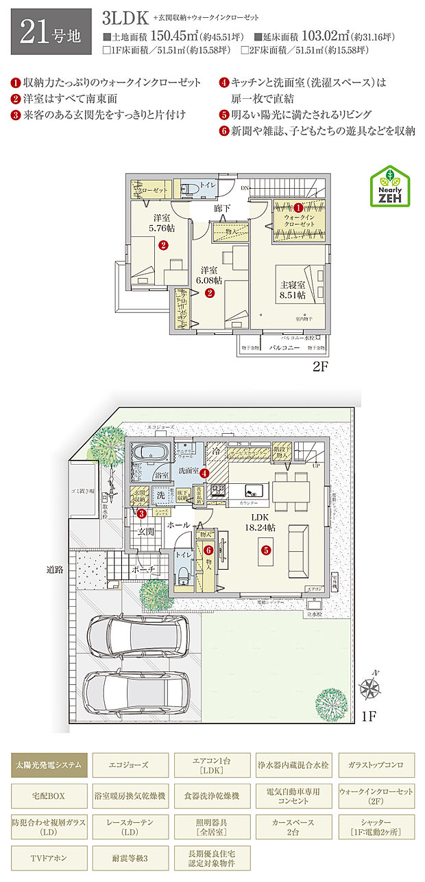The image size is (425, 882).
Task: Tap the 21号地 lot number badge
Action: pyautogui.click(x=51, y=32)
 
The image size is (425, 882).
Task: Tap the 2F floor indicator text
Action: pyautogui.click(x=321, y=367)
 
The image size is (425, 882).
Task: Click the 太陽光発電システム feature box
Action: pyautogui.click(x=49, y=764)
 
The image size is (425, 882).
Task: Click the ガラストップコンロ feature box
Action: pyautogui.click(x=376, y=764)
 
